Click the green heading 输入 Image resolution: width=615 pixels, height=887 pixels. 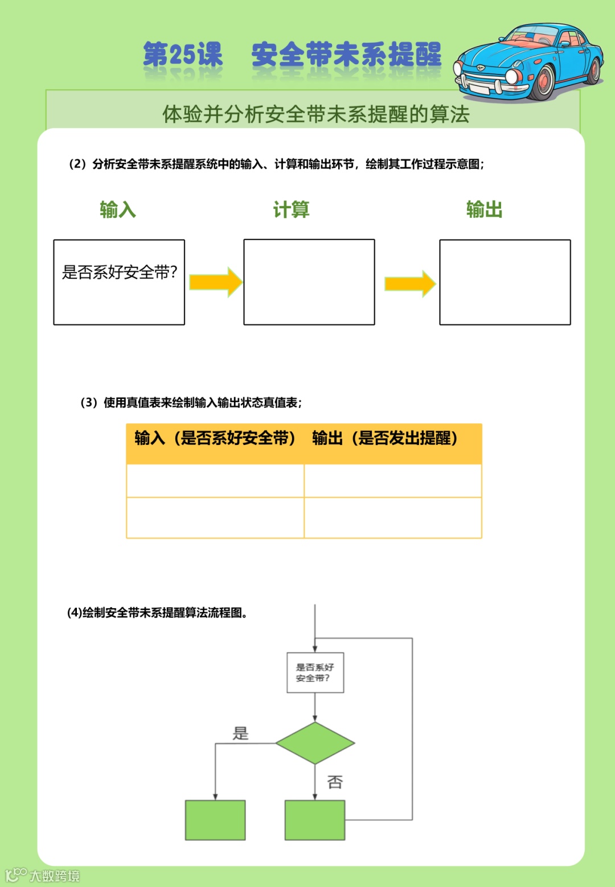coord(118,210)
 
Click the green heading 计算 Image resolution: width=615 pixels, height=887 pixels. coord(291,210)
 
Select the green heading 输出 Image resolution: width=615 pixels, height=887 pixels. coord(484,210)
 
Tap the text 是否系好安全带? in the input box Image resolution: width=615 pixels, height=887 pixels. coord(120,273)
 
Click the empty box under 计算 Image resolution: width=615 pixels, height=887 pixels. coord(309,282)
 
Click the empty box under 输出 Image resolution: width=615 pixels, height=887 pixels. coord(505,282)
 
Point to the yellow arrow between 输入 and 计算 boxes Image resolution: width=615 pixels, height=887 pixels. coord(215,282)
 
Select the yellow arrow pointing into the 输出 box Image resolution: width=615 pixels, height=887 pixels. coord(410,283)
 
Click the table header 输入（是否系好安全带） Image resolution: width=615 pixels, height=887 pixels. coord(215,438)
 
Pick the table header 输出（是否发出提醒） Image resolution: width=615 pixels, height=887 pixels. coord(385,438)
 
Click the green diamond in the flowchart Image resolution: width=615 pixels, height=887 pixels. coord(315,743)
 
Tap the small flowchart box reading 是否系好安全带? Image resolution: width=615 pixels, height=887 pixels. coord(315,673)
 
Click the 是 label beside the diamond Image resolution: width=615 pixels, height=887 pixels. coord(241,733)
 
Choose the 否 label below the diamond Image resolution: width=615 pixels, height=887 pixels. coord(335,782)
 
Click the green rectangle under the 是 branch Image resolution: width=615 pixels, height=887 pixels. coord(215,820)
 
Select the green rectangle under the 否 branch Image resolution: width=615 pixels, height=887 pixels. coord(315,820)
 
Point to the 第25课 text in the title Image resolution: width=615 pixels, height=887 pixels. coord(183,55)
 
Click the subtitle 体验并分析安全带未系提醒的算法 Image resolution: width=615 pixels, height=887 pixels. coord(315,114)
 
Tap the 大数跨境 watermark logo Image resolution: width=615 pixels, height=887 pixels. coord(43,875)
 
